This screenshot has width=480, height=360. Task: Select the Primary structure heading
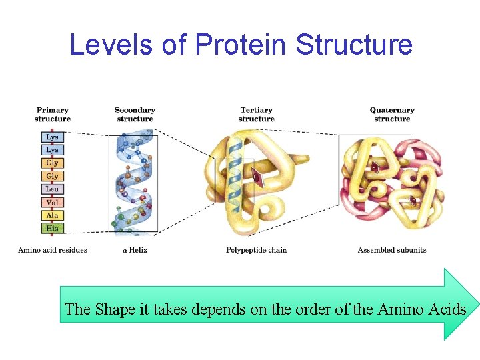coord(53,114)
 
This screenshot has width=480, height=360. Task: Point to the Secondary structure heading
coord(135,114)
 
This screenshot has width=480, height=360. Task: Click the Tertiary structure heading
coord(256,114)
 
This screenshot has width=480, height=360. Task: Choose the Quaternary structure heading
coord(392,114)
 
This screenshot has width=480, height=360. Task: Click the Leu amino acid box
coord(52,189)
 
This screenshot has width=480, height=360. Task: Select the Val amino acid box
coord(52,202)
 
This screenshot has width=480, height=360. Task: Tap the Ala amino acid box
coord(52,215)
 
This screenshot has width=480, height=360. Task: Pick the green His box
coord(52,228)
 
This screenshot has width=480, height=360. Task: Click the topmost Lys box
coord(52,137)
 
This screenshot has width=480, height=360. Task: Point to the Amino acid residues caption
coord(53,250)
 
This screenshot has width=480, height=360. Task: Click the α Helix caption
coord(134,250)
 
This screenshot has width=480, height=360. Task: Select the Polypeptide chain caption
coord(257,250)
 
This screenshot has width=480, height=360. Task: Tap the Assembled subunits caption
coord(392,250)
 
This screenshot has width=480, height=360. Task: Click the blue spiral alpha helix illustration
coord(134,183)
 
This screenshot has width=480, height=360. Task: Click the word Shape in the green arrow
coord(114,309)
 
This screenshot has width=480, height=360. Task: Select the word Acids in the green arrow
coord(449,309)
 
